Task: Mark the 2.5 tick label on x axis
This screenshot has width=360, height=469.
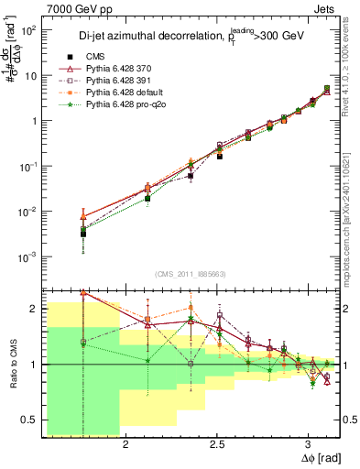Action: (217, 444)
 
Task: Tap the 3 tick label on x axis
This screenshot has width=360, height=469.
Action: (309, 444)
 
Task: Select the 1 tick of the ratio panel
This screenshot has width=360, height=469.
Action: (35, 365)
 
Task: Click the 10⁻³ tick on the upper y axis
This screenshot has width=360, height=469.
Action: (28, 256)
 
